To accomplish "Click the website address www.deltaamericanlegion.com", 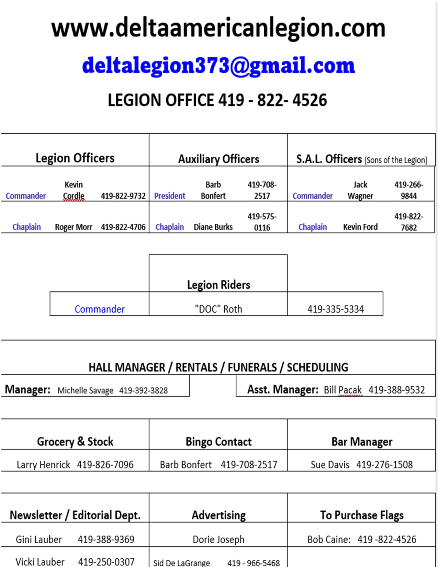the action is tap(218, 28).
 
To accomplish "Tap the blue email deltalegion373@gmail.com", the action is tap(218, 65).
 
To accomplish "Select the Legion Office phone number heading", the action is tap(217, 100).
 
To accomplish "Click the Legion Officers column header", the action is tap(75, 158).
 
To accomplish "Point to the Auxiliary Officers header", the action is tap(218, 159).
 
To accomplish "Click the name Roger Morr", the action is tap(74, 227).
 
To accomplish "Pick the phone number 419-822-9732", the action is tap(123, 196).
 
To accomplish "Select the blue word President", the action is tap(170, 196).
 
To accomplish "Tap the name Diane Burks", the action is tap(213, 227).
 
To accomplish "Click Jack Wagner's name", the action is tap(360, 190).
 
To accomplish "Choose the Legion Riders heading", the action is tap(218, 285).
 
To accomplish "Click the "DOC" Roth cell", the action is tap(218, 309).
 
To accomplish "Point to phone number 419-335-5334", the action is tap(335, 309).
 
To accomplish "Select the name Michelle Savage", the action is tap(85, 390).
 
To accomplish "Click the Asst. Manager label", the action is tap(283, 390).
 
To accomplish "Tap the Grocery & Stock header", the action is tap(75, 442).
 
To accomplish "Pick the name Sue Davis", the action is tap(330, 465).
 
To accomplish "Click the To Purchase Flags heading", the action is tap(362, 515).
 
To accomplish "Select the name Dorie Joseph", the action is tap(218, 540).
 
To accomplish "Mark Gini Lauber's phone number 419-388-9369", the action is tap(106, 540).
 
